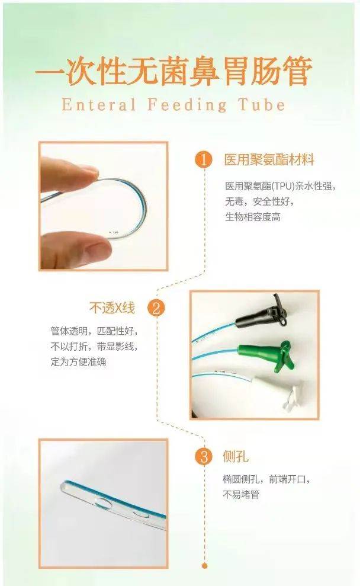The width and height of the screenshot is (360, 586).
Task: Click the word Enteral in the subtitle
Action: [x=99, y=104]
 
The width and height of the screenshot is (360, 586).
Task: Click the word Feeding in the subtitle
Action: [x=187, y=105]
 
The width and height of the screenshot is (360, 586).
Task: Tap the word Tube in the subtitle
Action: [x=262, y=104]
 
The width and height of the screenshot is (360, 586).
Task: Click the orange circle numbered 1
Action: [x=204, y=161]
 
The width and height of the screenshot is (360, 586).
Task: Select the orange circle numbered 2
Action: [x=156, y=309]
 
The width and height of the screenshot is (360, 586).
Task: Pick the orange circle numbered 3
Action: [x=204, y=457]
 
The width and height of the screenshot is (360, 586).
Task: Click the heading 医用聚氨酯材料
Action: [x=269, y=160]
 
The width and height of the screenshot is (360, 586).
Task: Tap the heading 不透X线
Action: [x=112, y=308]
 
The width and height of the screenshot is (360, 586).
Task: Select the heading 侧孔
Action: [x=236, y=457]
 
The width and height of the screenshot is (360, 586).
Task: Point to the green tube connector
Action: [x=267, y=353]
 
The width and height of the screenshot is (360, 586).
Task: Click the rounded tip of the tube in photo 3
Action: [x=63, y=486]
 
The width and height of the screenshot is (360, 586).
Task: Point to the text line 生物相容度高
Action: [x=252, y=217]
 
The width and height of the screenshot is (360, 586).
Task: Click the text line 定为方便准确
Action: [x=78, y=362]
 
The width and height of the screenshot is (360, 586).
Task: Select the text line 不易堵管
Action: [x=241, y=494]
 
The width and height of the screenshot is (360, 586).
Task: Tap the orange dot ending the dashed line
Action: [x=204, y=566]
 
